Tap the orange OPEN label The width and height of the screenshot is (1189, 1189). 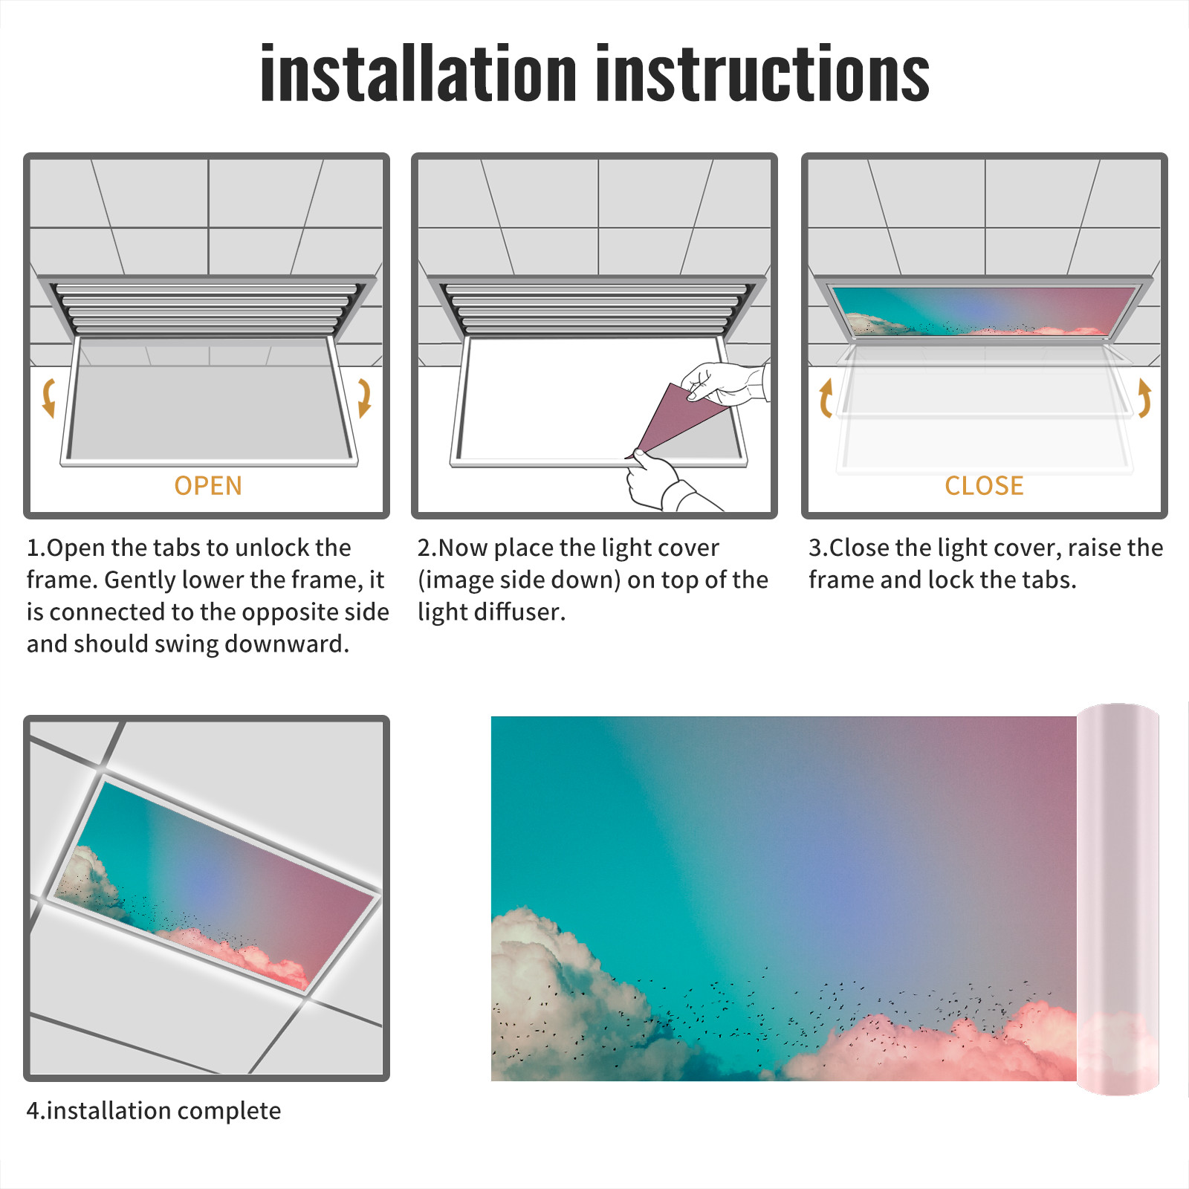[208, 486]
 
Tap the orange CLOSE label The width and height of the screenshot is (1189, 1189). [984, 486]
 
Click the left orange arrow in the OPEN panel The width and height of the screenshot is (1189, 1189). [48, 398]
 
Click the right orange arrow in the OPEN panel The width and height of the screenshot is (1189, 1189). [364, 398]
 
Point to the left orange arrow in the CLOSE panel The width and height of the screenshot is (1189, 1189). [826, 398]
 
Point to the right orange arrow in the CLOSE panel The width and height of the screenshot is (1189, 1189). [1144, 398]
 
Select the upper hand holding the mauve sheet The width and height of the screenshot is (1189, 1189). [725, 383]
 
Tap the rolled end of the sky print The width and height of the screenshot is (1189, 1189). [1118, 898]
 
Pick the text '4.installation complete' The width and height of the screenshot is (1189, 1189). [154, 1111]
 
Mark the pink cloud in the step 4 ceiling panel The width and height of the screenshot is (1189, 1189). [238, 955]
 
